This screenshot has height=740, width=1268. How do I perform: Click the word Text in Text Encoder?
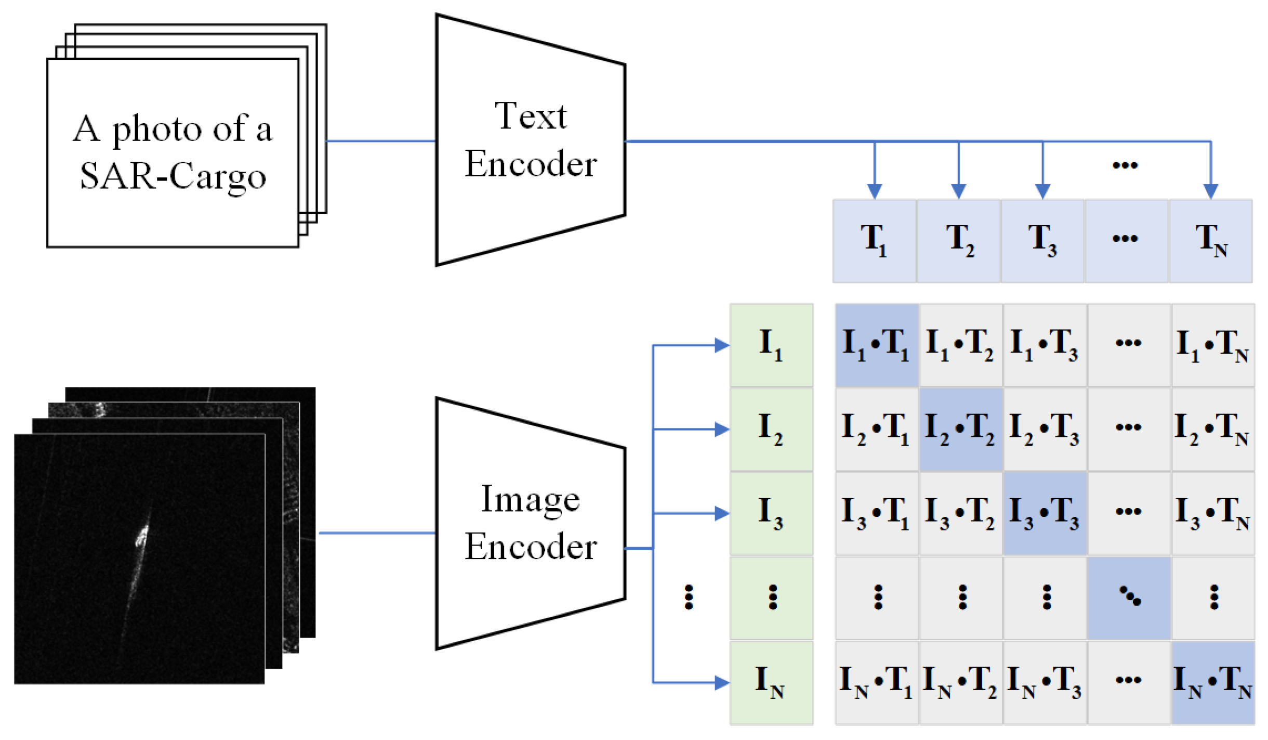coord(530,115)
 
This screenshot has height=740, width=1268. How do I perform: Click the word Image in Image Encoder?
coord(530,499)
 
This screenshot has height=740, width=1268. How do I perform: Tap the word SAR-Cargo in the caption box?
coord(173,177)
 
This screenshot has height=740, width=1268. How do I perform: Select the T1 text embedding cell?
coord(874,241)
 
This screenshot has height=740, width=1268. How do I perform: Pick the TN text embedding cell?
coord(1211,241)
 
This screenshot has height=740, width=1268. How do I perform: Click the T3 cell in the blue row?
coord(1042,241)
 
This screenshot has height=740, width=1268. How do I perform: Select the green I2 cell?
coord(771,429)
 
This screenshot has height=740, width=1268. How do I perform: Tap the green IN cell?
coord(771,682)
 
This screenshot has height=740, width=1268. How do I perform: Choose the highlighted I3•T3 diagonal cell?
coord(1045,513)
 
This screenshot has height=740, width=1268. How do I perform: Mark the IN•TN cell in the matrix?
coord(1213,682)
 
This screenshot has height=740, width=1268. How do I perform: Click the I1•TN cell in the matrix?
coord(1213,345)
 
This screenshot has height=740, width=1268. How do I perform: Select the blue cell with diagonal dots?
coord(1129,598)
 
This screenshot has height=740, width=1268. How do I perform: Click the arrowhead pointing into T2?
coord(958,191)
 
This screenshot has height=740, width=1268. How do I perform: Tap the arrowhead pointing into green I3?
coord(722,513)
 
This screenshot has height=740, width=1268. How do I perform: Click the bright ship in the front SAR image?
coord(141,536)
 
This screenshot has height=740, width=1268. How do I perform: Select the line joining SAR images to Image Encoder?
coord(377,533)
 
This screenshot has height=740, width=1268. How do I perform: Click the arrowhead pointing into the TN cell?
coord(1211,191)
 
